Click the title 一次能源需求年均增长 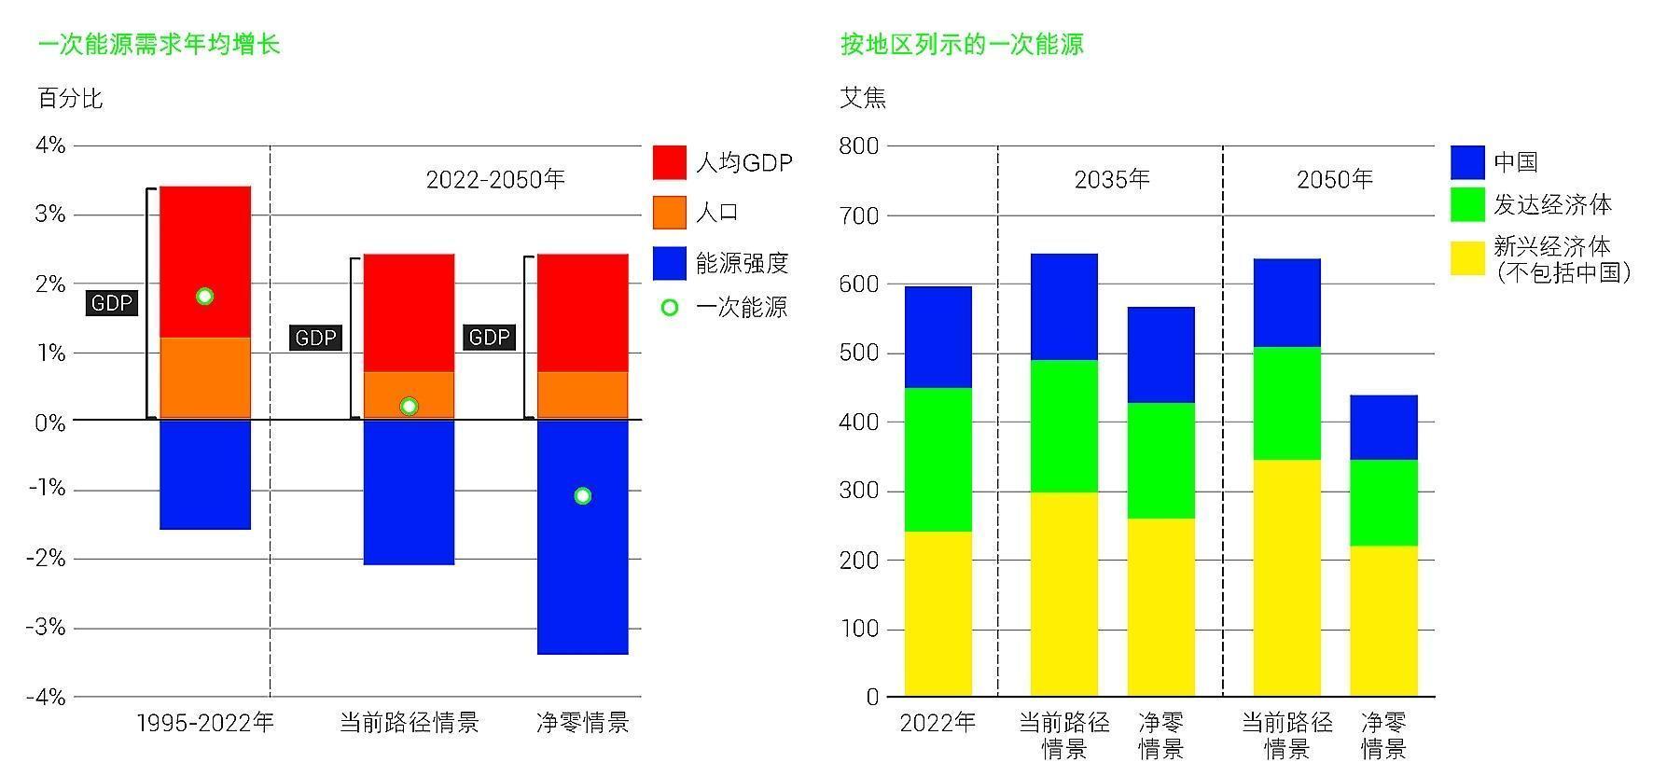click(x=159, y=44)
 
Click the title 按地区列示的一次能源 click(x=962, y=44)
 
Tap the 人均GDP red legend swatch click(x=669, y=162)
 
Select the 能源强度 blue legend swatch click(x=669, y=263)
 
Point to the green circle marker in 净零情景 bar click(x=583, y=496)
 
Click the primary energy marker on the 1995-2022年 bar click(x=205, y=297)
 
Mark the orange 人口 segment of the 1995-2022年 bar click(x=205, y=378)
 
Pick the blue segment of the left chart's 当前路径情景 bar click(x=409, y=492)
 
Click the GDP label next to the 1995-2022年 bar click(x=112, y=303)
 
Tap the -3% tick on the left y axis click(x=46, y=628)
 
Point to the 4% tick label click(x=50, y=145)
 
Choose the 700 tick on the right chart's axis click(x=858, y=215)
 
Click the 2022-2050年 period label click(x=495, y=179)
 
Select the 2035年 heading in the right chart click(x=1112, y=179)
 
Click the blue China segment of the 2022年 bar click(x=938, y=337)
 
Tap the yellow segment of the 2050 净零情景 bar click(x=1383, y=620)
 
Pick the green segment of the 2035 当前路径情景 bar click(x=1063, y=426)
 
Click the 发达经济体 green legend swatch click(x=1467, y=205)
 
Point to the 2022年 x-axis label click(x=938, y=723)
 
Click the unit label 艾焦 click(x=863, y=98)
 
